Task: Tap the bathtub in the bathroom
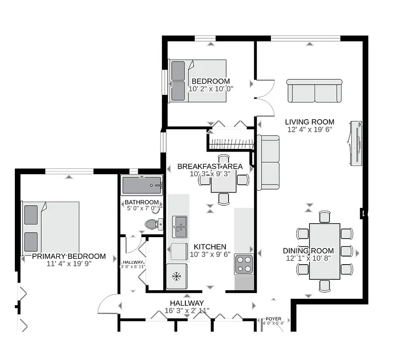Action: pos(142,185)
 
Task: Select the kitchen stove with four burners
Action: pos(243,264)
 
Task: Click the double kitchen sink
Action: pos(180,226)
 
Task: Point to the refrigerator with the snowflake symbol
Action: pos(176,276)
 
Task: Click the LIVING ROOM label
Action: pos(310,122)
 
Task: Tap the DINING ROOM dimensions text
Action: pos(308,258)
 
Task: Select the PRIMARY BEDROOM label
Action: pos(69,256)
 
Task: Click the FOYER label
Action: pos(273,319)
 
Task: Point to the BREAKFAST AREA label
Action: pos(210,166)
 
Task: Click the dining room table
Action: pos(324,251)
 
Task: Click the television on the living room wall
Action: pos(356,143)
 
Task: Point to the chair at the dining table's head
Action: pos(324,217)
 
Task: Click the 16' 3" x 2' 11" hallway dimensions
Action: pos(187,310)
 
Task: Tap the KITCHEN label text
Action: pos(210,247)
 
